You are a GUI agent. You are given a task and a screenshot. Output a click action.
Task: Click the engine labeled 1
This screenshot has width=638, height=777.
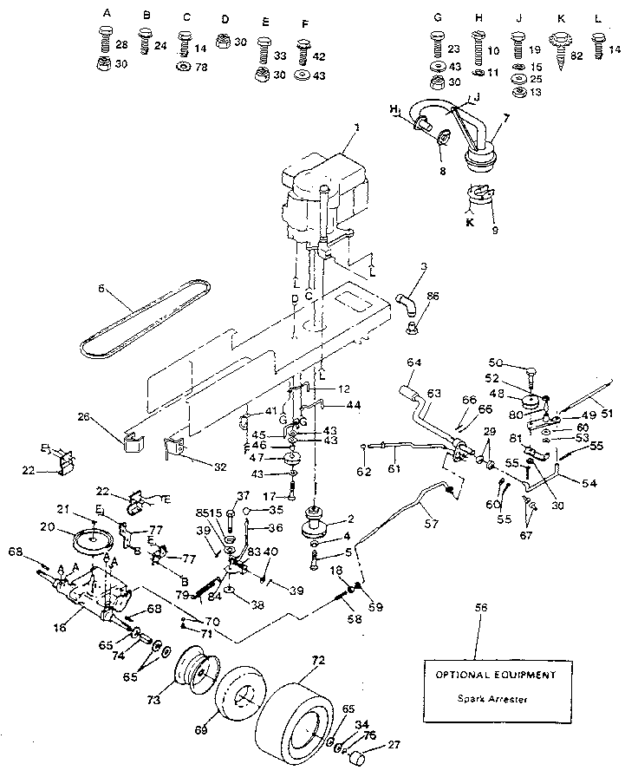point(322,195)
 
